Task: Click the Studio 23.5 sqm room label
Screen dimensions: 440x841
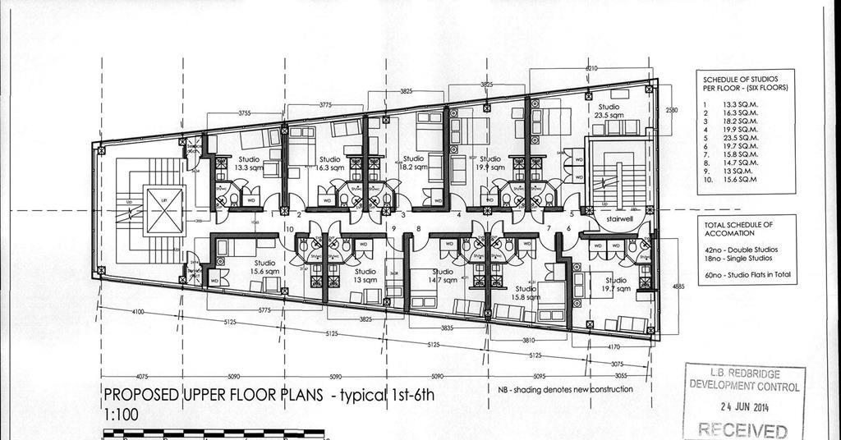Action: [x=609, y=111]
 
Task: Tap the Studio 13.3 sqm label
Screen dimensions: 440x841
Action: [x=249, y=163]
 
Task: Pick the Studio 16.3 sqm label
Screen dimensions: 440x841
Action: [x=329, y=163]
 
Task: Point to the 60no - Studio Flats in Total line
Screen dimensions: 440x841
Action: [x=747, y=275]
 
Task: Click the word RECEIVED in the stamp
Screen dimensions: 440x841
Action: [x=742, y=429]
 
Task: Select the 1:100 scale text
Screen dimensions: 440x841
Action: [x=121, y=415]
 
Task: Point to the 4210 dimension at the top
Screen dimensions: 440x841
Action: [x=591, y=68]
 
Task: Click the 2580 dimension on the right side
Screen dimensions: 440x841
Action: [x=671, y=110]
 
